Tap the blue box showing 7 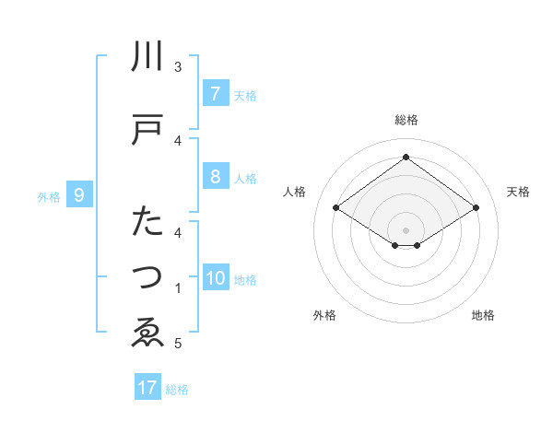215,94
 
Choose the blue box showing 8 215,177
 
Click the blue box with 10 216,279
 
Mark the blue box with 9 79,195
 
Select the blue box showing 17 147,388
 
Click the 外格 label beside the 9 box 49,196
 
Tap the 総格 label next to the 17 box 177,389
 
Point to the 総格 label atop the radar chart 406,120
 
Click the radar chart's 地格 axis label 483,315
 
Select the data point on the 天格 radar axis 476,208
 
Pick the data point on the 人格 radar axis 335,208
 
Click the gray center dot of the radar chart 406,229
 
